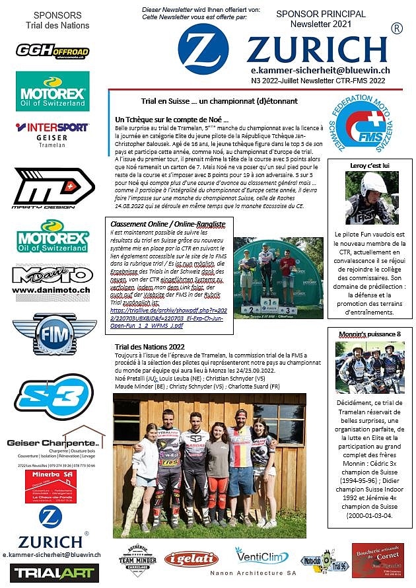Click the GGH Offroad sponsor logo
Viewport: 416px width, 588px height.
pos(52,51)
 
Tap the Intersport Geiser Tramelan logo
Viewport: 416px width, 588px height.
pos(52,132)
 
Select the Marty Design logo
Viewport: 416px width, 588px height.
pos(53,188)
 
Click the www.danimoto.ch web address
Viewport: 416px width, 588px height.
pos(52,289)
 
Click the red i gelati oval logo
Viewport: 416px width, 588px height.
pos(191,559)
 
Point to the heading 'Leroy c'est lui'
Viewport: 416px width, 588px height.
pos(370,165)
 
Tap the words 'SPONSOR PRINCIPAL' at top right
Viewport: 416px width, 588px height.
pos(312,13)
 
